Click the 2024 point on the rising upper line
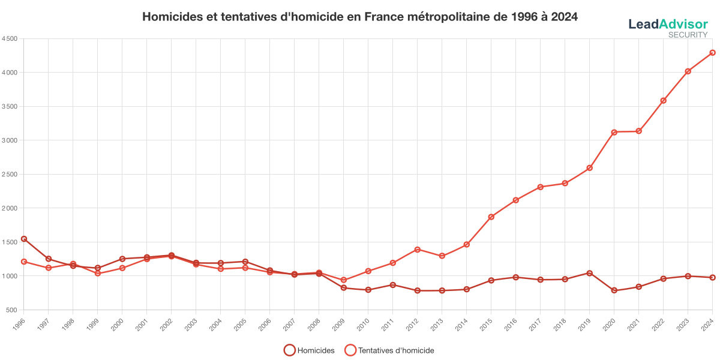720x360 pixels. (x=712, y=53)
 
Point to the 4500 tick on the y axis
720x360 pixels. (x=10, y=38)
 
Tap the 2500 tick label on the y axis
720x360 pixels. (x=10, y=174)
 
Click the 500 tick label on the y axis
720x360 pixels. (x=11, y=310)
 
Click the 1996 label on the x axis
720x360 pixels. (x=21, y=322)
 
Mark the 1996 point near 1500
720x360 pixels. (x=24, y=239)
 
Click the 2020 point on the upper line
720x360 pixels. (x=614, y=132)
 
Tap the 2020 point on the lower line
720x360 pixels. (x=614, y=290)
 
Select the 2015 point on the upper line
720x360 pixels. (x=491, y=217)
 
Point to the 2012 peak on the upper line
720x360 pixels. (x=417, y=249)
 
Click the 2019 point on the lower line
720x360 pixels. (x=589, y=273)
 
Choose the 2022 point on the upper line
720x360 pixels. (x=663, y=101)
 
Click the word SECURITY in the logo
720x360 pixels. (x=688, y=35)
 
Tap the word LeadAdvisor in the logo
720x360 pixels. (x=668, y=24)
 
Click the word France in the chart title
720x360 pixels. (x=384, y=17)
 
